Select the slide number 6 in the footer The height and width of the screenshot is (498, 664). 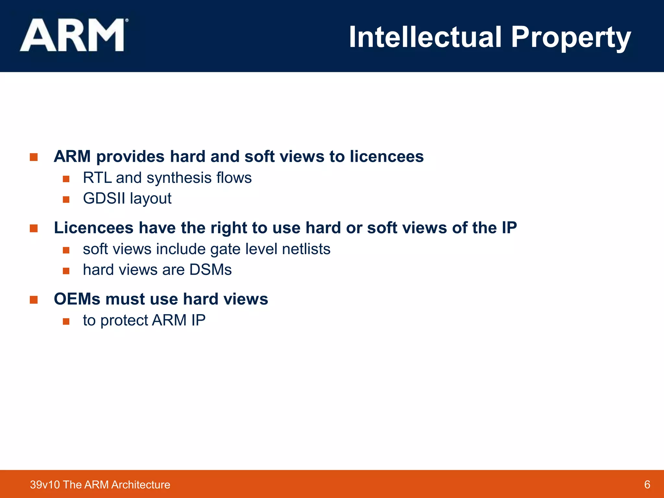click(647, 484)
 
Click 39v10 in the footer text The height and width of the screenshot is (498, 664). click(45, 485)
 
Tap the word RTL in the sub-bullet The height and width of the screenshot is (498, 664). click(97, 178)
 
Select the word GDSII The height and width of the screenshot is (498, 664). click(104, 198)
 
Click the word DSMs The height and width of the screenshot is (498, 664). click(210, 270)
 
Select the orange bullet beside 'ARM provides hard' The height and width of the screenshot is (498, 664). click(34, 157)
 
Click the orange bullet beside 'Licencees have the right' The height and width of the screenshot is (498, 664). click(34, 229)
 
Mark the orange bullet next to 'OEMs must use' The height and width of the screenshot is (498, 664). click(34, 300)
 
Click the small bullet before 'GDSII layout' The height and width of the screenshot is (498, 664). click(66, 199)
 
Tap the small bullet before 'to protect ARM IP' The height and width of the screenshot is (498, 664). click(66, 321)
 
